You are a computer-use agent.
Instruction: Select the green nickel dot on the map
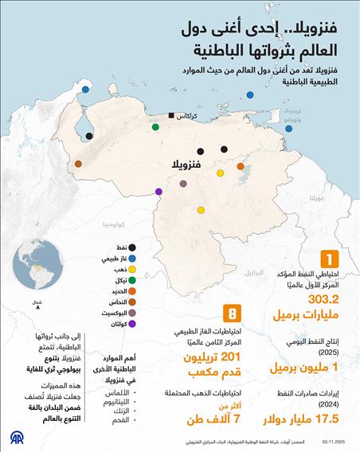tap(155, 126)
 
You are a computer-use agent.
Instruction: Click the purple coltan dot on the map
tap(158, 191)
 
